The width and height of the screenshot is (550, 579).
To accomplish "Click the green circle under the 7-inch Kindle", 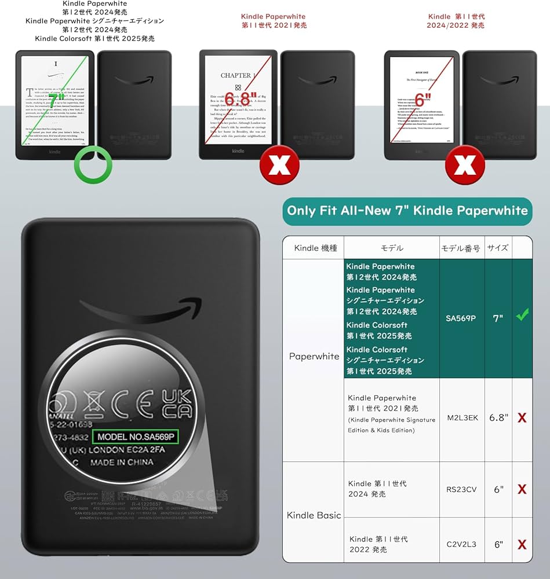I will pyautogui.click(x=93, y=164).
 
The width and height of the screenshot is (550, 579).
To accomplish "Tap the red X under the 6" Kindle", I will pyautogui.click(x=464, y=165).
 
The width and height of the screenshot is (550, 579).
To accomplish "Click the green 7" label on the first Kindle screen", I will pyautogui.click(x=56, y=102).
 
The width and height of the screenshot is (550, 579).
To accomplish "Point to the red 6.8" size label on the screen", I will pyautogui.click(x=237, y=99).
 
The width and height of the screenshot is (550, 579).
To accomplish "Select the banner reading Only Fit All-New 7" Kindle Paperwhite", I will pyautogui.click(x=407, y=211).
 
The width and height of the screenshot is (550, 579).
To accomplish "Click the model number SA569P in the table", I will pyautogui.click(x=461, y=318).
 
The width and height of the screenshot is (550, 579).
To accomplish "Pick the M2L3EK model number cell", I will pyautogui.click(x=462, y=417).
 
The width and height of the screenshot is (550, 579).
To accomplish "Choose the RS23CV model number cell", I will pyautogui.click(x=462, y=489).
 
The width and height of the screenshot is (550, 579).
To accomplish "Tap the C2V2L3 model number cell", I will pyautogui.click(x=462, y=544).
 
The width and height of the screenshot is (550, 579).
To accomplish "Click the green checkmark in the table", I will pyautogui.click(x=522, y=316).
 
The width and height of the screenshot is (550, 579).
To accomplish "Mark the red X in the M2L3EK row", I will pyautogui.click(x=522, y=417).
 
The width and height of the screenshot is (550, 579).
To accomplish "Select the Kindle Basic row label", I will pyautogui.click(x=314, y=515).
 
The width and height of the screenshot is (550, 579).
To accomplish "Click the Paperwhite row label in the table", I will pyautogui.click(x=314, y=356).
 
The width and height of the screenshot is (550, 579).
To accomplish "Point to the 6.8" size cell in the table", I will pyautogui.click(x=498, y=417).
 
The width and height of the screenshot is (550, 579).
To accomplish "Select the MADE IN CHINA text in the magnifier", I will pyautogui.click(x=122, y=463).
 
